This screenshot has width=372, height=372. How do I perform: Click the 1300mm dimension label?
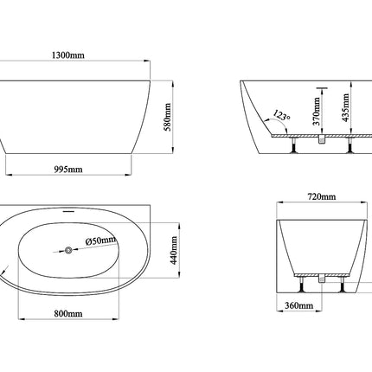coord(68,55)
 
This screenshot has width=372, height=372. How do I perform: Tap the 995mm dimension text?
coord(68,170)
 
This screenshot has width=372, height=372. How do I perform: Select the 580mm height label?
coord(168,117)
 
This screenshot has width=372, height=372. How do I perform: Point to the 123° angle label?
coord(280,115)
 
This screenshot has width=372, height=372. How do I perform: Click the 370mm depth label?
coord(317,112)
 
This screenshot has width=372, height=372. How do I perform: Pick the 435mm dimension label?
coord(346,107)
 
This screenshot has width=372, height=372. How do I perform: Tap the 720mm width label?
coord(322,196)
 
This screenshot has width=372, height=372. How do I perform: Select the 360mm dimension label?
coord(299,305)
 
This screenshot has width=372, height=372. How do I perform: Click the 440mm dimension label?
coord(174,250)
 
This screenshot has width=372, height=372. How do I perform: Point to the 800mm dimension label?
coord(68,313)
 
